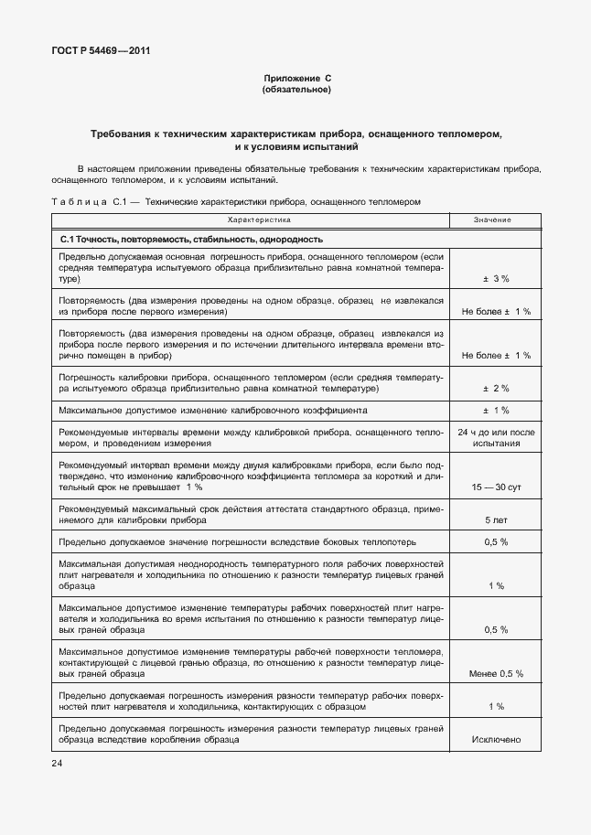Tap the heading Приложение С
point(296,79)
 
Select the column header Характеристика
point(259,220)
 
